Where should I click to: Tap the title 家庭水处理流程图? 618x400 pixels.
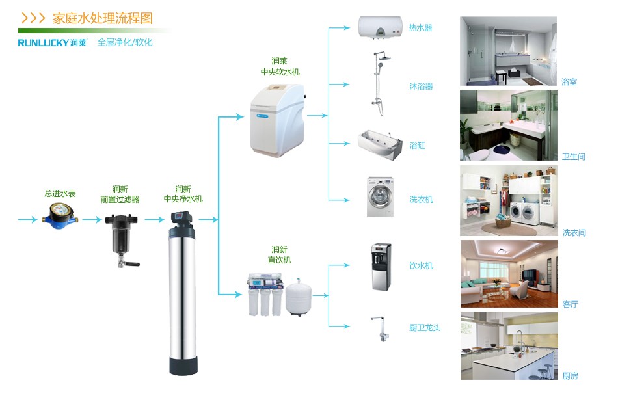(x=103, y=18)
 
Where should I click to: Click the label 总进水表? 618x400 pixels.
(x=60, y=194)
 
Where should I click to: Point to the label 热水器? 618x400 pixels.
(x=420, y=28)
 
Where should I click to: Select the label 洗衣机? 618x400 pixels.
(x=421, y=199)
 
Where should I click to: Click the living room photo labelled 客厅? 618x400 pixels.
(x=509, y=274)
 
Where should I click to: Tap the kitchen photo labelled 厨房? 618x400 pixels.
(x=509, y=345)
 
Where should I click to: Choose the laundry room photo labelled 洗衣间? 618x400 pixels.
(x=509, y=200)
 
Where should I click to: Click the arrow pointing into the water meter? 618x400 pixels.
(x=28, y=220)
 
